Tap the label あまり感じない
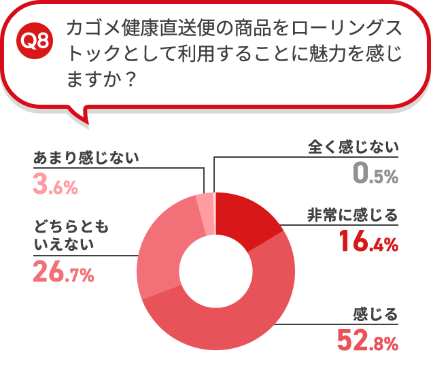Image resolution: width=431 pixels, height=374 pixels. pos(86,158)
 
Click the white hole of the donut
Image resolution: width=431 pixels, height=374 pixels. pos(215,272)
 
